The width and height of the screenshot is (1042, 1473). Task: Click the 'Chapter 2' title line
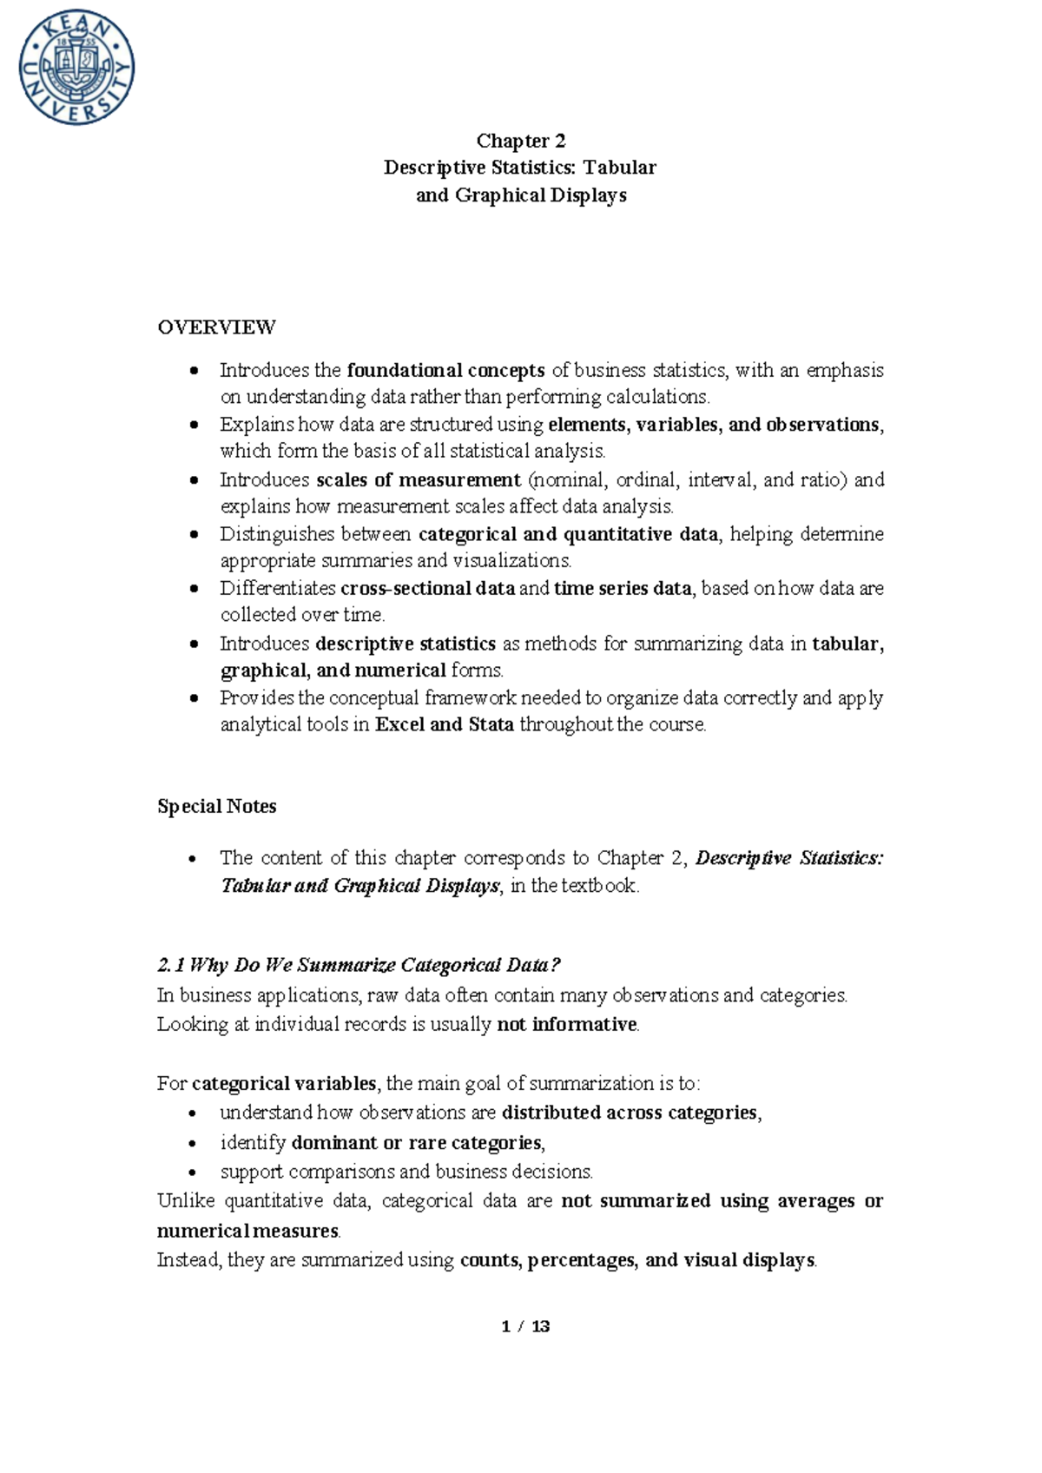click(x=520, y=141)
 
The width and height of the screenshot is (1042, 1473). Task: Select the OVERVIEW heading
click(x=216, y=327)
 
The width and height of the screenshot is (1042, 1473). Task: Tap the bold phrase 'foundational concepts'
click(x=445, y=371)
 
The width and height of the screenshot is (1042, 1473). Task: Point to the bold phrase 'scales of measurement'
click(x=419, y=480)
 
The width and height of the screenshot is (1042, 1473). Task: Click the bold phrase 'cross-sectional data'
click(x=427, y=589)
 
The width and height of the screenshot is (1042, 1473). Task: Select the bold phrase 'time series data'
click(x=623, y=589)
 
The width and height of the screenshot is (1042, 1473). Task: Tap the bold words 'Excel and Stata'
click(x=445, y=724)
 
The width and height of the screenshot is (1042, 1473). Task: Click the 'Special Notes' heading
click(x=216, y=806)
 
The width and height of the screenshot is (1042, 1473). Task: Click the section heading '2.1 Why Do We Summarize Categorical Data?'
click(x=359, y=965)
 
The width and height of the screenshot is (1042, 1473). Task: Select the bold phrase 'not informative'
click(x=567, y=1025)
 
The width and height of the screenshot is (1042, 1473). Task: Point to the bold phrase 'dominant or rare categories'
click(x=417, y=1143)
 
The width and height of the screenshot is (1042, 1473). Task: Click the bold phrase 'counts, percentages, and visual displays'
click(x=637, y=1260)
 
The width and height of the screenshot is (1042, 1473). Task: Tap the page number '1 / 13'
click(x=525, y=1326)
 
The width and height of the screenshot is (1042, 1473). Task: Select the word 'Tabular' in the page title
click(x=619, y=168)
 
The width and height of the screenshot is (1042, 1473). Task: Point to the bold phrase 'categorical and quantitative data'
click(x=568, y=534)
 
